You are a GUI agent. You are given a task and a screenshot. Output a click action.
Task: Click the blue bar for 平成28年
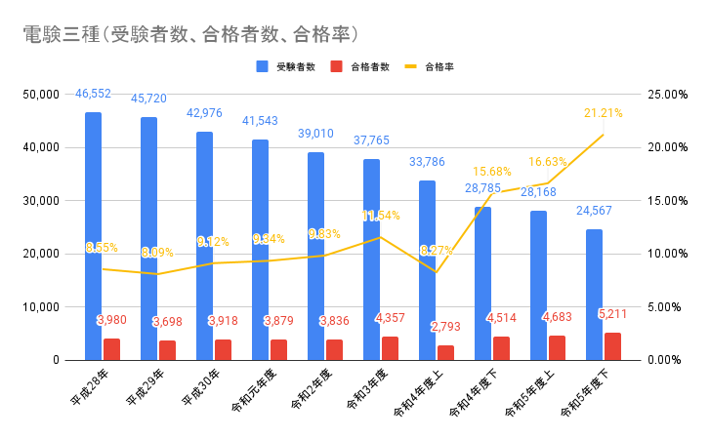93,234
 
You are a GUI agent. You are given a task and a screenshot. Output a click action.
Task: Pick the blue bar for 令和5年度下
594,293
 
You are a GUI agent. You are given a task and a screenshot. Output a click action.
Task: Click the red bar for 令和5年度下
612,346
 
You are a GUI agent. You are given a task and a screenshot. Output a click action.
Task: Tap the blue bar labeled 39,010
315,254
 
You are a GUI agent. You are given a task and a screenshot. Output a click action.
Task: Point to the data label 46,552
94,94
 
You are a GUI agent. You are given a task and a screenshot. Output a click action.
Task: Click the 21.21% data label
603,113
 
